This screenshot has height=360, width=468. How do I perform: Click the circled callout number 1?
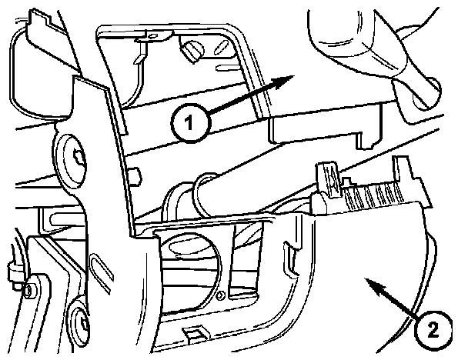tap(191, 123)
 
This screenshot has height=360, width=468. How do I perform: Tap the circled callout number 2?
tap(433, 329)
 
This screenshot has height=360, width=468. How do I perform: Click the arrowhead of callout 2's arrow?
tap(375, 285)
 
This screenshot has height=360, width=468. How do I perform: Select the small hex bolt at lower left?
tap(28, 289)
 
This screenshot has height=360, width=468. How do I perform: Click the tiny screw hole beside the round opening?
tap(221, 295)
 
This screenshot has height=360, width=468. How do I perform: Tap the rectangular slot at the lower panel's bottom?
tap(194, 332)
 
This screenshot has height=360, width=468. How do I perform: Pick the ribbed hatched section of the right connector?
tap(370, 195)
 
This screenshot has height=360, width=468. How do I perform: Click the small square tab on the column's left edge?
tap(135, 177)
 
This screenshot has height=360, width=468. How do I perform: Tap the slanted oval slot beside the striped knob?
tap(221, 48)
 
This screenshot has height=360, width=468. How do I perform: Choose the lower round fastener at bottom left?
tap(81, 324)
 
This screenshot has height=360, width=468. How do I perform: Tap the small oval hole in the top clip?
tap(153, 36)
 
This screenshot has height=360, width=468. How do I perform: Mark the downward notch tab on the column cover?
tap(366, 141)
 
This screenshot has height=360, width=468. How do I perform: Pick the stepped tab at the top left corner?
tap(38, 21)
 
